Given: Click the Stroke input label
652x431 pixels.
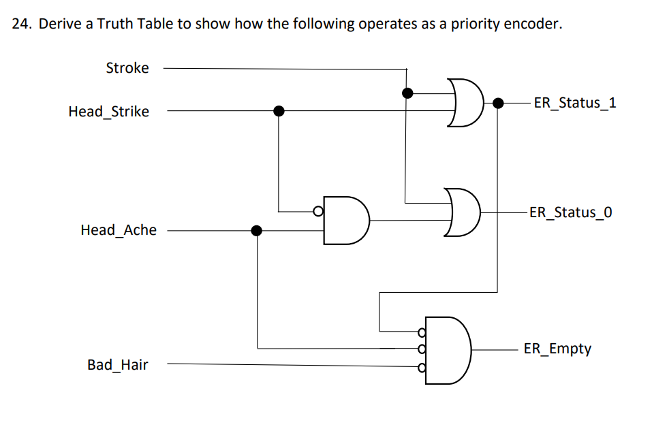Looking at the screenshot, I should [x=127, y=68].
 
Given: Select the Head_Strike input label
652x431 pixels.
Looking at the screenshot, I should [x=108, y=112].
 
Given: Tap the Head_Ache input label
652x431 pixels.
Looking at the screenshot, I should [x=118, y=230].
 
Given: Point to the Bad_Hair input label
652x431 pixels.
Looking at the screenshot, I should [x=117, y=365].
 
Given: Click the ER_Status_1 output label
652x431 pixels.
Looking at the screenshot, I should [x=574, y=103].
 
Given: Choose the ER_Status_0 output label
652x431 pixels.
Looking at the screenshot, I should [x=570, y=212].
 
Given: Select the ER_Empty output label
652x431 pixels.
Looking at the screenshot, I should [x=557, y=349].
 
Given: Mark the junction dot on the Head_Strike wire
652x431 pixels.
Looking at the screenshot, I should [x=278, y=111].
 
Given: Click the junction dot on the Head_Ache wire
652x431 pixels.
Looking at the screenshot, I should [x=257, y=230].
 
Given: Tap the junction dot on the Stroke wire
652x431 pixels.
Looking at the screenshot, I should [x=407, y=93].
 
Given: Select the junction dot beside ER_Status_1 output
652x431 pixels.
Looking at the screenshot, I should [x=498, y=103].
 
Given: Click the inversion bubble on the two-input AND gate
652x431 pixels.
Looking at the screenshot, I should [x=317, y=211].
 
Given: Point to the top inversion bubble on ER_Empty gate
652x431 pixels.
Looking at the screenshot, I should [x=422, y=333].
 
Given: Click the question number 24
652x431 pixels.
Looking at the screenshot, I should [x=22, y=25].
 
